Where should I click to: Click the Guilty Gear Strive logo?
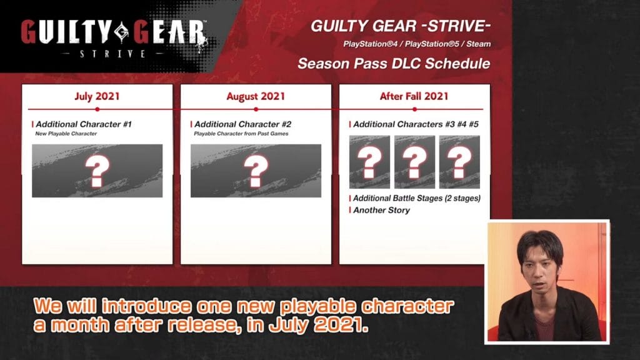(114, 38)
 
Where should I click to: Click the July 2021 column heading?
(97, 96)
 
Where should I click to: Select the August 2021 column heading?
(256, 96)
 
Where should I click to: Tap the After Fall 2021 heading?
(414, 96)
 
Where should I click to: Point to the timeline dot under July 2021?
(97, 109)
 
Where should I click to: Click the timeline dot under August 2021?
(256, 109)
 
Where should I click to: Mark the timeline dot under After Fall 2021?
(415, 109)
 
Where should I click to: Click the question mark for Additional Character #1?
(97, 171)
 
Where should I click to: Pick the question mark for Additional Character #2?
(256, 171)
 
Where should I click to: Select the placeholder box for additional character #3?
(369, 162)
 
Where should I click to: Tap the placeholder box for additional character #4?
(415, 162)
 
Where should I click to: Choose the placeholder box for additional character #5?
(459, 162)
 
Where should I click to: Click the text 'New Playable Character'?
(66, 134)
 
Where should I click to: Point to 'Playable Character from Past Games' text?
(241, 134)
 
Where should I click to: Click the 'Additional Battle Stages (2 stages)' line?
(417, 198)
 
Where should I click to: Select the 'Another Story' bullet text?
(381, 210)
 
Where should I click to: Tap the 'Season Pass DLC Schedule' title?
(394, 64)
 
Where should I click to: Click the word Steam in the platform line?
(478, 44)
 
